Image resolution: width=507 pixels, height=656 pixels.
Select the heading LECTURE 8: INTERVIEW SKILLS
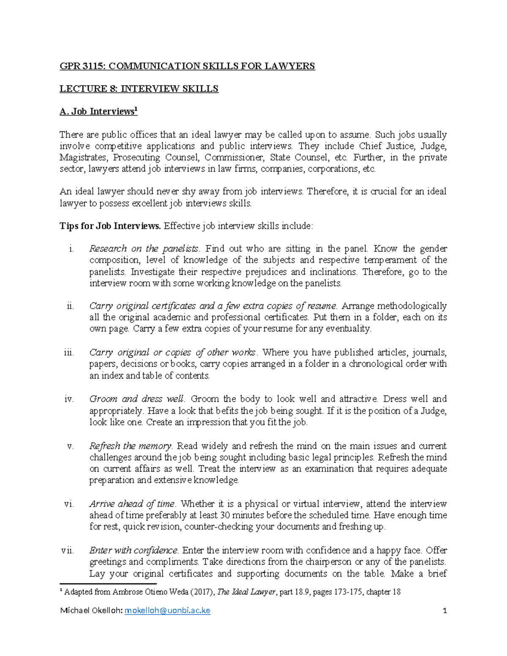coord(139,89)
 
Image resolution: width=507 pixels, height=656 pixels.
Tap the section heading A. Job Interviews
coord(98,112)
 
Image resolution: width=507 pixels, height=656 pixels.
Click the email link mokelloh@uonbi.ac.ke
coord(168,610)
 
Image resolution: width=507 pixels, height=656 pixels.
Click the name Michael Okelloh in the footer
coord(91,610)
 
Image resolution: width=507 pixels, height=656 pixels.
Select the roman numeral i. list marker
coord(71,249)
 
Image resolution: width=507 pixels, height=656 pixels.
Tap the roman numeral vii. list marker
coord(68,550)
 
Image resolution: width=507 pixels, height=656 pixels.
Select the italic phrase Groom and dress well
coord(136,399)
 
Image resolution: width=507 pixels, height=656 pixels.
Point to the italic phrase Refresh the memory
coord(130,446)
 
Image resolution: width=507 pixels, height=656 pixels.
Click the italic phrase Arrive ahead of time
coord(132,504)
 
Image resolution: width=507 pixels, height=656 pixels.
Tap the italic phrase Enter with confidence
coord(134,550)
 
